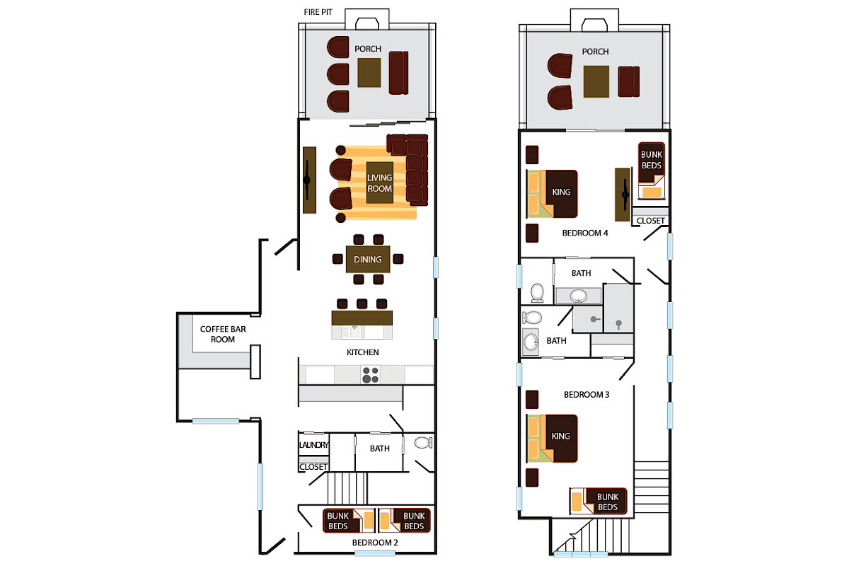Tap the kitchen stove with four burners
point(370,374)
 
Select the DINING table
point(368,260)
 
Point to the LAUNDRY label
point(313,445)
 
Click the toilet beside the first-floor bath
point(422,444)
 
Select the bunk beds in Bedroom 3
point(599,502)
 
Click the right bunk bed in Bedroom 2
point(404,521)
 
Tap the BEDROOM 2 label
point(375,543)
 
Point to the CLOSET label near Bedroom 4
point(651,221)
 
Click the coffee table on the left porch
point(369,73)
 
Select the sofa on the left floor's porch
point(399,73)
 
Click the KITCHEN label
point(362,352)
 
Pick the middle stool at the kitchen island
point(362,304)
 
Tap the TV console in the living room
point(309,180)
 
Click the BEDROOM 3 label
point(587,395)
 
